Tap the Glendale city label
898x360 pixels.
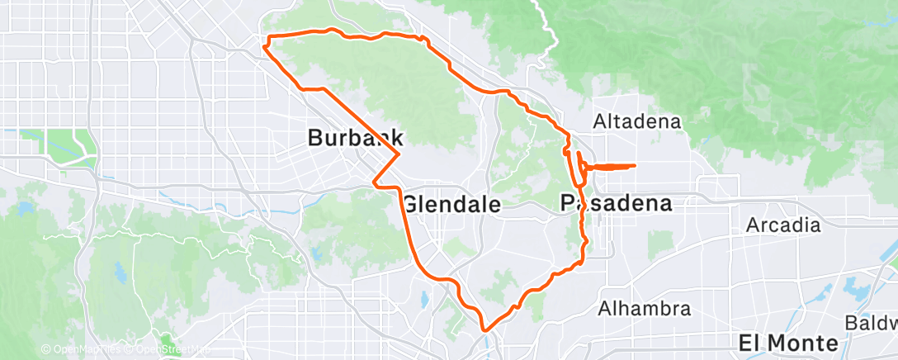click(x=451, y=204)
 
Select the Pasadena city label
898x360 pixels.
click(x=615, y=202)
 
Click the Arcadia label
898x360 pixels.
click(x=783, y=225)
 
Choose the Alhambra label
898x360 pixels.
click(x=644, y=310)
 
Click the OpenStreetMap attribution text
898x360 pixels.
click(x=169, y=350)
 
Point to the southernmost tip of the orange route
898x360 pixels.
click(x=484, y=329)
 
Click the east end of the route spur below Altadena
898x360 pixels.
click(x=635, y=166)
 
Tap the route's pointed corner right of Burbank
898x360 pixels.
click(x=400, y=154)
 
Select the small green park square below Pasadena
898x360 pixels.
click(x=659, y=242)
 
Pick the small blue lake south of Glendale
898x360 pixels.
click(x=425, y=301)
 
